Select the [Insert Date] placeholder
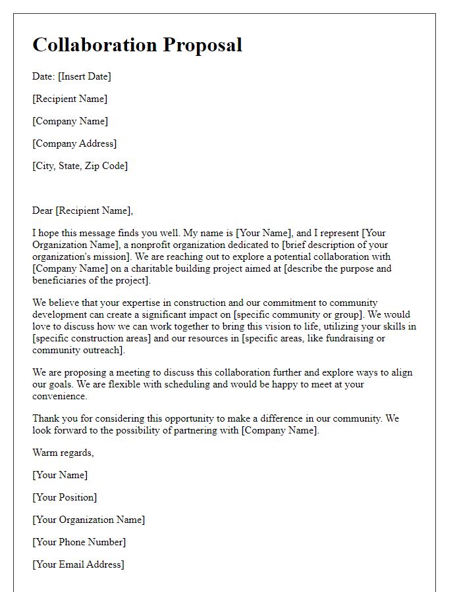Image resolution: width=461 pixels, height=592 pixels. click(x=84, y=76)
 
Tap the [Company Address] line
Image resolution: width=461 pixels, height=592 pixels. click(x=74, y=143)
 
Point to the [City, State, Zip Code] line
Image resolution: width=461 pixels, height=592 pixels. click(x=80, y=166)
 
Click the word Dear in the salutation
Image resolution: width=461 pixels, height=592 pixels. click(x=43, y=210)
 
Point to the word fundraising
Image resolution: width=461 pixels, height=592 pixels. click(x=346, y=338)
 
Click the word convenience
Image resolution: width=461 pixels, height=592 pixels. click(x=59, y=396)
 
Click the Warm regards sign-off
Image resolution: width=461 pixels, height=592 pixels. click(x=63, y=453)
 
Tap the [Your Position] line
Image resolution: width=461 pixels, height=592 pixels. click(x=65, y=497)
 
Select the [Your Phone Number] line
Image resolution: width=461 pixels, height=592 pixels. click(x=79, y=542)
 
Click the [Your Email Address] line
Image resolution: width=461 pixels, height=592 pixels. click(x=78, y=564)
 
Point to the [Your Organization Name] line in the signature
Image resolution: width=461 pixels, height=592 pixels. click(x=89, y=520)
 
